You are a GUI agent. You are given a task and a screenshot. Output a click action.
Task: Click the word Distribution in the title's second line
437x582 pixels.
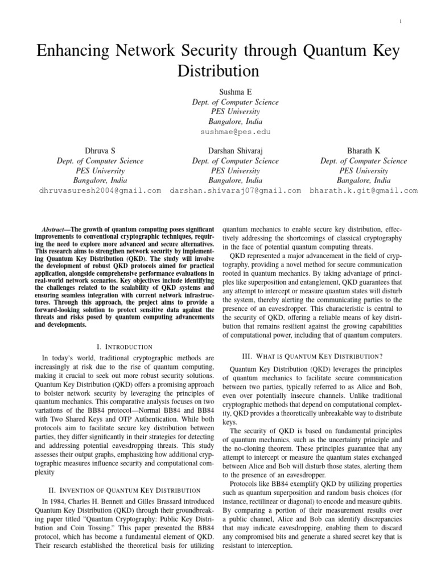pyautogui.click(x=218, y=72)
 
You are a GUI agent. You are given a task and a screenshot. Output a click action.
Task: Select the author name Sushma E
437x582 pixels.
pyautogui.click(x=218, y=92)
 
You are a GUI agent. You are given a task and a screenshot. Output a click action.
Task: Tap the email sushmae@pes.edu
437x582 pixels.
pyautogui.click(x=218, y=132)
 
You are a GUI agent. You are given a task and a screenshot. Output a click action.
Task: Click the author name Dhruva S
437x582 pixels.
pyautogui.click(x=100, y=151)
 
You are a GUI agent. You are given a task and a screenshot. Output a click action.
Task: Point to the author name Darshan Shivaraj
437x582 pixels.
pyautogui.click(x=235, y=151)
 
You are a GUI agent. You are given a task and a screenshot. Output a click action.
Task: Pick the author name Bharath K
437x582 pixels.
pyautogui.click(x=364, y=151)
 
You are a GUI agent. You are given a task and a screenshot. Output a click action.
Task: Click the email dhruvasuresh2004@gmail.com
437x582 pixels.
pyautogui.click(x=100, y=191)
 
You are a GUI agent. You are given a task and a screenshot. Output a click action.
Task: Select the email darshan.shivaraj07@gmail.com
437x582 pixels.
pyautogui.click(x=235, y=191)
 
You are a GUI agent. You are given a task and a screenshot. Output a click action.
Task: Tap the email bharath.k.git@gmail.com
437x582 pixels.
pyautogui.click(x=364, y=191)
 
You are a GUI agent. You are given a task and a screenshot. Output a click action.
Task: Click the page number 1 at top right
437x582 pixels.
pyautogui.click(x=401, y=22)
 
